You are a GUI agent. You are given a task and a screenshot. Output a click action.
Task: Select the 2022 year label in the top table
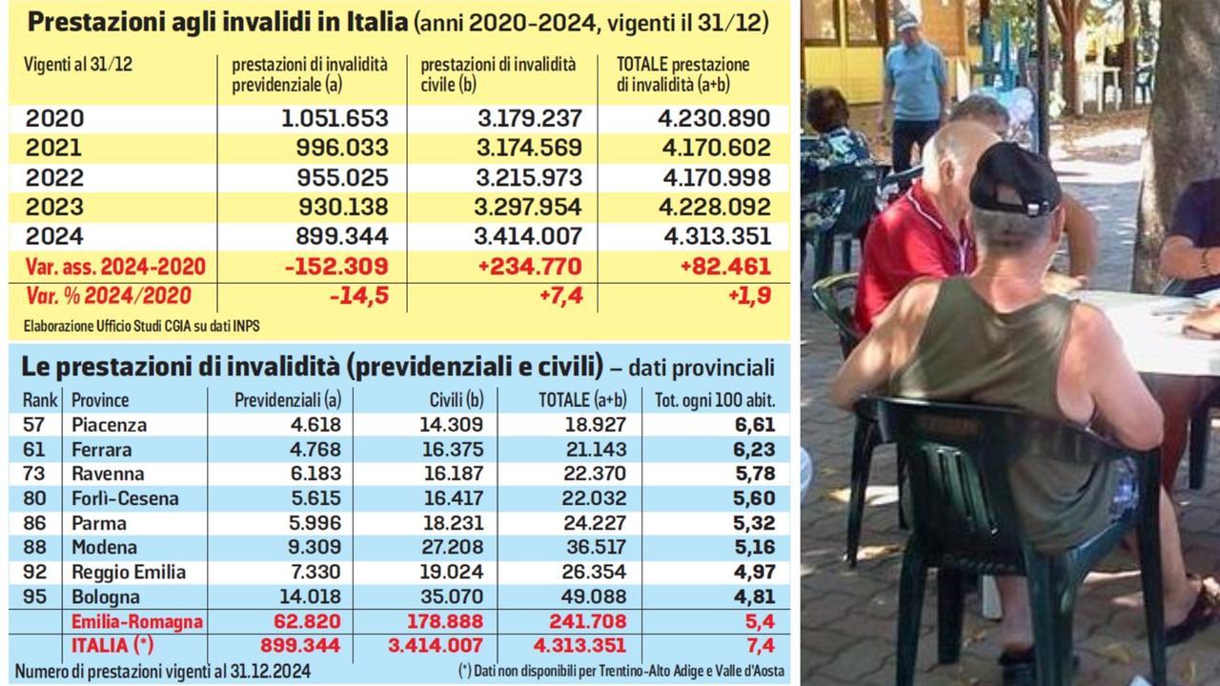(x=54, y=177)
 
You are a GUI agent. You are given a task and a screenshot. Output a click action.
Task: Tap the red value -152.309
(x=336, y=266)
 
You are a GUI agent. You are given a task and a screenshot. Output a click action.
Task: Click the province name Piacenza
(x=110, y=425)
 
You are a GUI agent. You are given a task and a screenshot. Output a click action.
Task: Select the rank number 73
(x=32, y=474)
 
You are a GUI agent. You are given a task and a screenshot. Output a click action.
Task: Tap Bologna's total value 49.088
(x=593, y=597)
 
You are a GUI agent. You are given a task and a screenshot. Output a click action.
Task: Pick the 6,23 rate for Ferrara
(x=755, y=449)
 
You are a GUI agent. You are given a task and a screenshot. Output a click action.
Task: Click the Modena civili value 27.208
(x=453, y=548)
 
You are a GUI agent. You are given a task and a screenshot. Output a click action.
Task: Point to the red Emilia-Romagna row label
(x=137, y=622)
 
